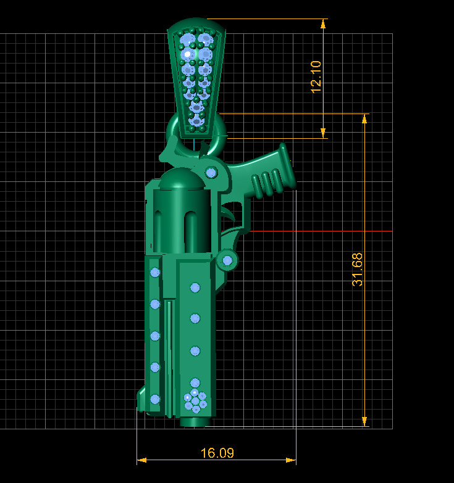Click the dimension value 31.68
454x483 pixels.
click(x=358, y=269)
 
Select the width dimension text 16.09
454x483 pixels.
click(x=217, y=453)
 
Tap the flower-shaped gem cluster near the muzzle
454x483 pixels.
click(x=195, y=400)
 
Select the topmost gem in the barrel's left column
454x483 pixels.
click(x=155, y=272)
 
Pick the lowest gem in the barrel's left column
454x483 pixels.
click(x=155, y=398)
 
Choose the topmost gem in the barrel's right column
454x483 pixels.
click(x=195, y=287)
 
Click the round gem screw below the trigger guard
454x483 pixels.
click(x=227, y=260)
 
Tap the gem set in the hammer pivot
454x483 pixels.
click(x=211, y=172)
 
